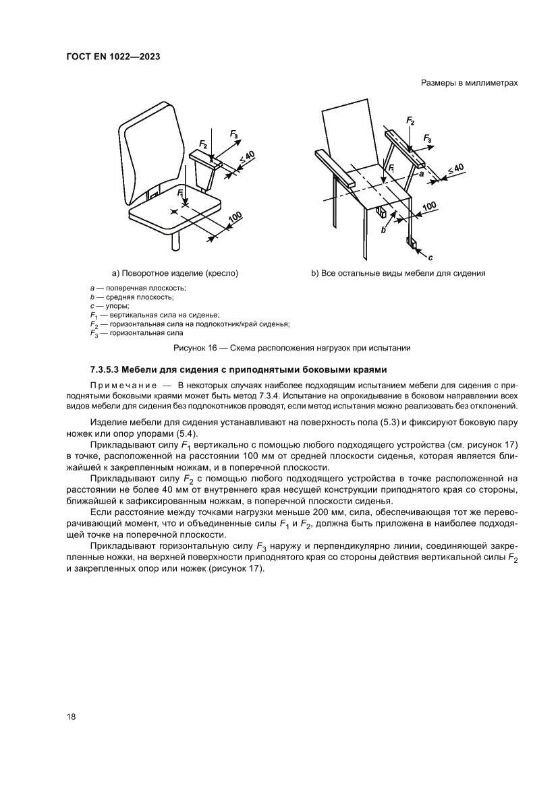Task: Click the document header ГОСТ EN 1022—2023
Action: [x=113, y=57]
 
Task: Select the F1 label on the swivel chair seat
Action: [x=179, y=193]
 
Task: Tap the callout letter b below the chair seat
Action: [x=383, y=230]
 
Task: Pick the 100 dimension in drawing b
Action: [x=428, y=207]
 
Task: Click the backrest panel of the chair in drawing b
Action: [x=347, y=135]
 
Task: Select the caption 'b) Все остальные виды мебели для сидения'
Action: [x=398, y=273]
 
